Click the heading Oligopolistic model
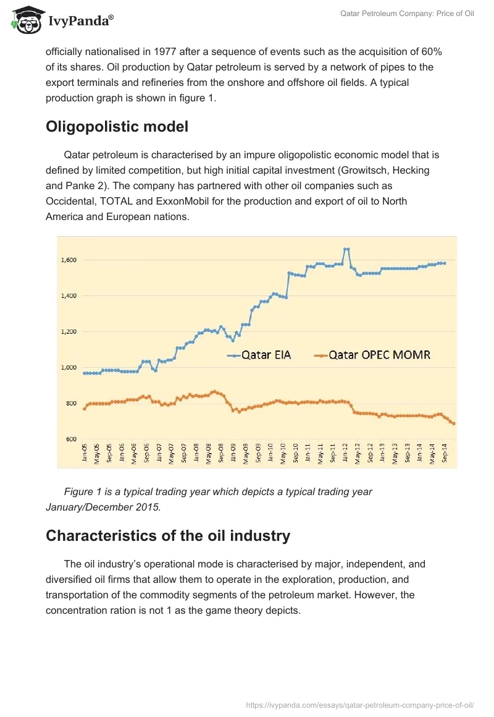click(117, 127)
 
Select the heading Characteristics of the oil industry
click(168, 535)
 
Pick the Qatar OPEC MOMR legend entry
click(373, 355)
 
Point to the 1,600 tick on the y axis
click(69, 260)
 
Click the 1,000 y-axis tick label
click(69, 368)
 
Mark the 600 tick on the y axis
click(71, 439)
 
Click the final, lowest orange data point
click(454, 423)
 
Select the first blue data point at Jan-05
click(85, 373)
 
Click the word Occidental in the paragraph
click(72, 202)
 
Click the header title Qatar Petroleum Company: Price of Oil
click(407, 14)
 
